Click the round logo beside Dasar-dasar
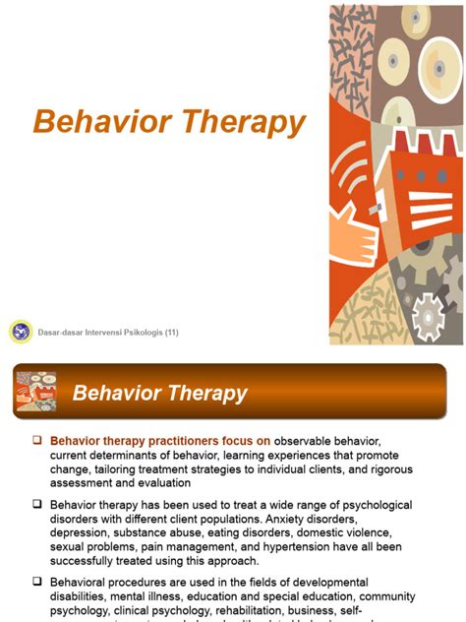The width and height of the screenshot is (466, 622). (20, 332)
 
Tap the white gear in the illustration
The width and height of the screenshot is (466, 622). (430, 318)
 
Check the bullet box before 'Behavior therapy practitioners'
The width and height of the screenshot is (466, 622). (37, 440)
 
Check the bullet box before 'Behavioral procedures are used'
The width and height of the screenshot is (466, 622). (37, 583)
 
